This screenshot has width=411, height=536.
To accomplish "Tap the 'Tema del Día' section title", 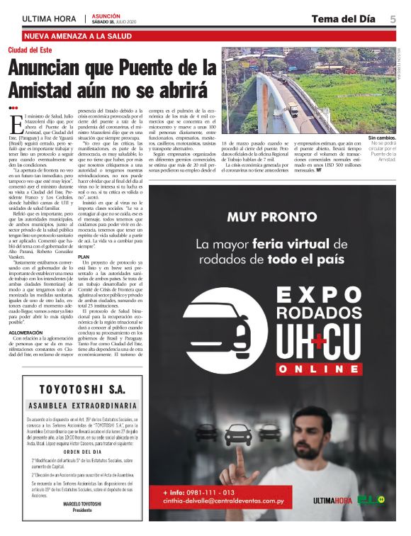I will tap(342, 19).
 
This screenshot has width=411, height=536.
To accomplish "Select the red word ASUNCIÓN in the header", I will tap(106, 14).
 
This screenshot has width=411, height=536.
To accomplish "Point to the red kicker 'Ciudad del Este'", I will tap(31, 50).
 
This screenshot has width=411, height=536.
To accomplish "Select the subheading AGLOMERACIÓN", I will tap(30, 333).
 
